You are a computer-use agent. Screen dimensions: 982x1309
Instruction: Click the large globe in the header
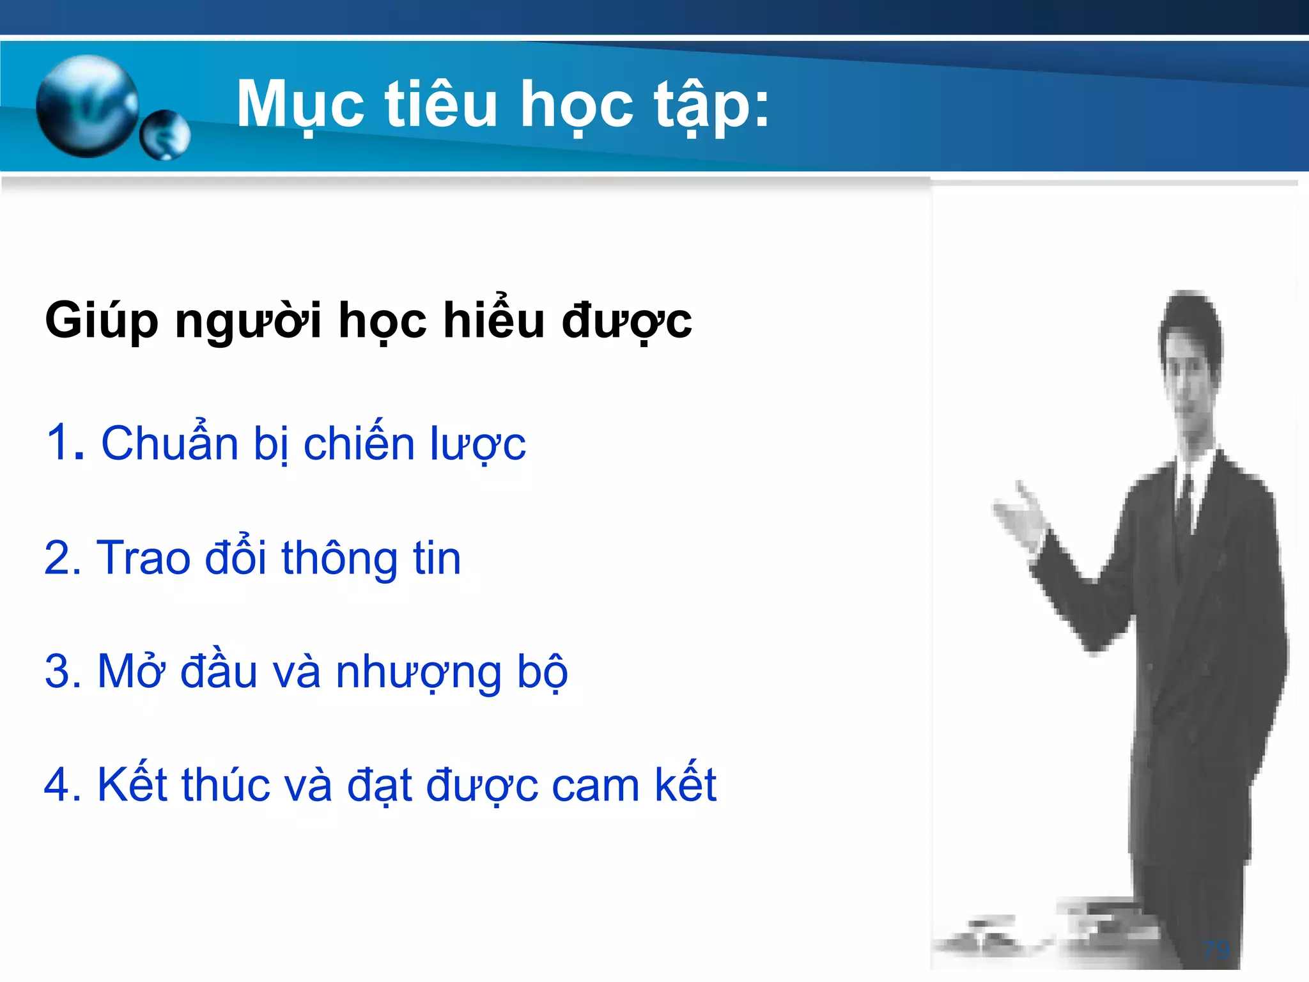tap(88, 106)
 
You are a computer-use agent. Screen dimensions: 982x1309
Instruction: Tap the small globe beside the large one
tap(165, 135)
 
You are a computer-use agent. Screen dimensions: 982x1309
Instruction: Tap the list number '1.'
tap(65, 442)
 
